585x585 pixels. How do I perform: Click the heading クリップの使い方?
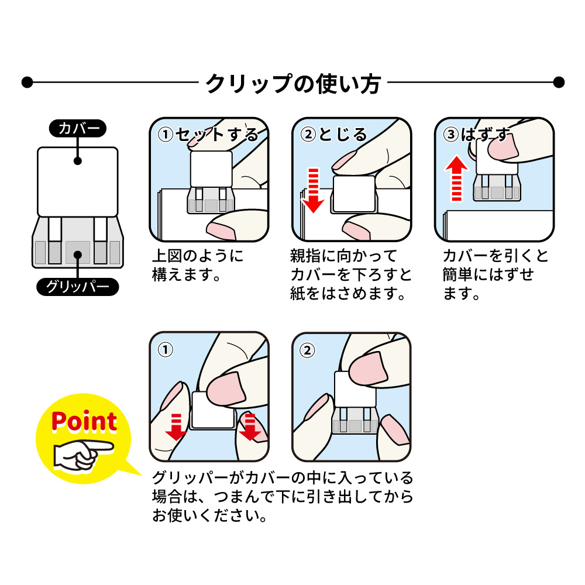[292, 83]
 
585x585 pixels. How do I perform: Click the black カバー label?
[78, 129]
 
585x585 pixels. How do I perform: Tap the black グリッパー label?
[78, 287]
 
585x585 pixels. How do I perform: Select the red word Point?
[84, 421]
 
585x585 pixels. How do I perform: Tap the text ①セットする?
[209, 135]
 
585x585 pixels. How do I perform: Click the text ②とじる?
[334, 135]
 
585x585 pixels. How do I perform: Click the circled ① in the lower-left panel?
[165, 350]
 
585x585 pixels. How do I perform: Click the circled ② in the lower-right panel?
[307, 350]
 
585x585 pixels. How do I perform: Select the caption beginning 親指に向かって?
[350, 274]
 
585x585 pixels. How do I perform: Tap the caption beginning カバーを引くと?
[495, 274]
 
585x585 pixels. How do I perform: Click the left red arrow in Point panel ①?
[175, 426]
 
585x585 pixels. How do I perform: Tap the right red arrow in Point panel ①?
[250, 426]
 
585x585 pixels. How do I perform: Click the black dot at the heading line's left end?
[26, 82]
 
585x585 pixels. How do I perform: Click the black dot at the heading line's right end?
[559, 82]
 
